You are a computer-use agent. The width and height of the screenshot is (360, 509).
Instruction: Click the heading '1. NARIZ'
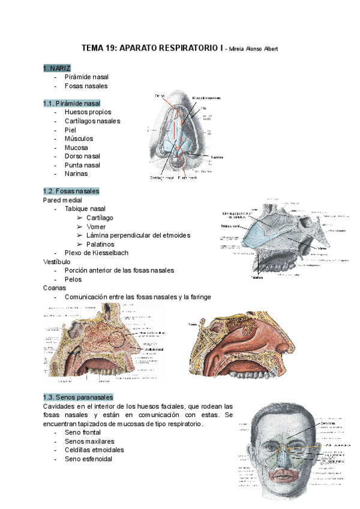point(56,68)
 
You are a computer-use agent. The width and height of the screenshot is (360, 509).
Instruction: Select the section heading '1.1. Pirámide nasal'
point(71,103)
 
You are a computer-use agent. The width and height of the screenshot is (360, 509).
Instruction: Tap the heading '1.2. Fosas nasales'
point(71,191)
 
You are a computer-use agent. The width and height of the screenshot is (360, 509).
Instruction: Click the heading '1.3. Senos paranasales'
point(78,397)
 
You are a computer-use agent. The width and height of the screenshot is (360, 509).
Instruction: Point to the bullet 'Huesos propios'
point(88,112)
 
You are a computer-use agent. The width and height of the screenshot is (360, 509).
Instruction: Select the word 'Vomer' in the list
point(96,226)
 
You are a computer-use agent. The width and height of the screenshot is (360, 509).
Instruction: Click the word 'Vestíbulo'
point(57,262)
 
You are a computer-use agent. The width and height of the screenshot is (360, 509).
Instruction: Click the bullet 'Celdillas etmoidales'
point(94,450)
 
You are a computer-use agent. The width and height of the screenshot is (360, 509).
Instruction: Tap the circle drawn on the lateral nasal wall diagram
point(118,341)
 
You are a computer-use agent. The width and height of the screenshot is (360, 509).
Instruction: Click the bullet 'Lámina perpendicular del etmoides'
point(138,235)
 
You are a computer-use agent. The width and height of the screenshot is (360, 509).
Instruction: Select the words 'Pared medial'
point(62,200)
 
